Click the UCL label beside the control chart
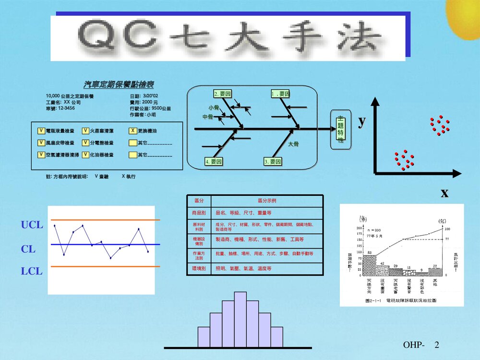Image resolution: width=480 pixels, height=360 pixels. coord(32,225)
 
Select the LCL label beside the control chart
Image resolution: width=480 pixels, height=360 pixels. coord(32,271)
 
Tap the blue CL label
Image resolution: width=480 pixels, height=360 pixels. coord(28,249)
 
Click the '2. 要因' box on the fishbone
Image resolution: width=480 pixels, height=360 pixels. coord(223,94)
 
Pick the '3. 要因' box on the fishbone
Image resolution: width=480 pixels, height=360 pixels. coord(272,162)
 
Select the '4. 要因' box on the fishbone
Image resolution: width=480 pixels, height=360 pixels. coord(214,162)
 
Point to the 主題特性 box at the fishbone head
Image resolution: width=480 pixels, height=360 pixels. coord(341,129)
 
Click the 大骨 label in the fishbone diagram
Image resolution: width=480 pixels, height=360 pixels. coord(293,144)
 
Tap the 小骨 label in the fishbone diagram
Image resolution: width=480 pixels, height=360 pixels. coord(214,108)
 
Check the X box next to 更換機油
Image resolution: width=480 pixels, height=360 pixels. coord(133,131)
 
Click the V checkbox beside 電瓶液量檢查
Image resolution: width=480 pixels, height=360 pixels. coord(41,131)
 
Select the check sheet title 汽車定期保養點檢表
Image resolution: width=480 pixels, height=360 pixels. coord(119,85)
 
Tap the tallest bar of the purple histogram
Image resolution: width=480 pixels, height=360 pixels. coord(240,319)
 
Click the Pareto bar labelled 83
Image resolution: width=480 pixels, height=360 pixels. coord(369,264)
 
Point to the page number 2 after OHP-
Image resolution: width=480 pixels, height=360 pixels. coord(436,345)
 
